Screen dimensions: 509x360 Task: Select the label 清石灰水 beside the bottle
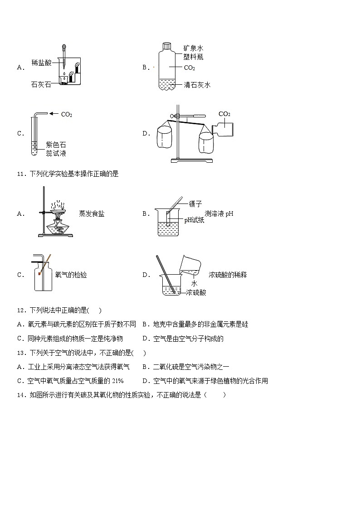tap(197, 85)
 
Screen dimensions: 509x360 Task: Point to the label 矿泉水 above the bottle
tap(193, 48)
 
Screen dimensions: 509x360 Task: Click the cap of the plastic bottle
tap(166, 46)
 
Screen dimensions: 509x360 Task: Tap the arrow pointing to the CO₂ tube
tap(54, 114)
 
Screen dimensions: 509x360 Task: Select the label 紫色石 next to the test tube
tap(56, 145)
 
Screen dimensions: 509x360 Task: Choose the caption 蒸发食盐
tap(91, 213)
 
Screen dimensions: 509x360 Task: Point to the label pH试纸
tap(194, 220)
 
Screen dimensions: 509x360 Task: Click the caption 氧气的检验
tap(71, 275)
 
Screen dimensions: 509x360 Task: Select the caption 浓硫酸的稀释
tap(228, 275)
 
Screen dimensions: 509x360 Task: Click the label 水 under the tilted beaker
tap(194, 283)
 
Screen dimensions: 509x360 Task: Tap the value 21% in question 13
tap(117, 381)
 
